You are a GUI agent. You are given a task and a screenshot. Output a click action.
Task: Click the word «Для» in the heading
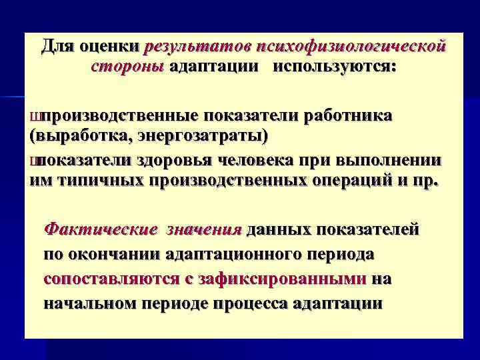pyautogui.click(x=58, y=47)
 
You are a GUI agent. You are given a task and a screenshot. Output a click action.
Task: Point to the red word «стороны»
pyautogui.click(x=127, y=67)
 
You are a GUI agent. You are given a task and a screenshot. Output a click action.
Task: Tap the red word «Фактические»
pyautogui.click(x=100, y=231)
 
